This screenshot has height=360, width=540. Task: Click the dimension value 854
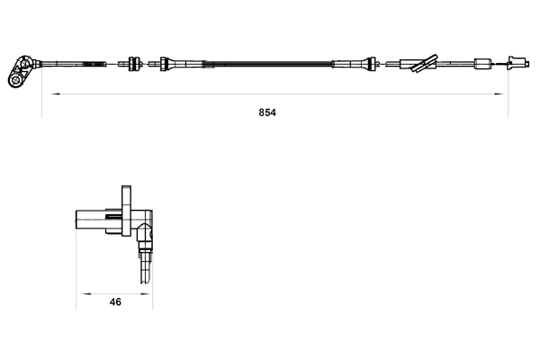[266, 113]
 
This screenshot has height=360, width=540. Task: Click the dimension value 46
[115, 303]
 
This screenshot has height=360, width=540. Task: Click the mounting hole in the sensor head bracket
[15, 80]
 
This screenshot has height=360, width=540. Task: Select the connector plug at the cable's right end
[515, 63]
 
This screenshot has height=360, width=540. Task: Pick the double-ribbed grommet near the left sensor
[133, 63]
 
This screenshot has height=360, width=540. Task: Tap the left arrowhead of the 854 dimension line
[46, 94]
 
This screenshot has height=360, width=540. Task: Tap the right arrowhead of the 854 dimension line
[504, 94]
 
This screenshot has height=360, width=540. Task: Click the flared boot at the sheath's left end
[166, 63]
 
